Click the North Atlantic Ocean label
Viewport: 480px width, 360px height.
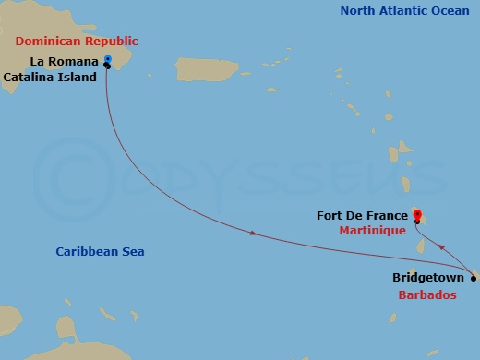tap(404, 11)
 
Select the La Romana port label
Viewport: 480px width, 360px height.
tap(64, 61)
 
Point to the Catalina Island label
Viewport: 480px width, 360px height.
tap(50, 78)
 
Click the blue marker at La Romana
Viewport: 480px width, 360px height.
tap(108, 59)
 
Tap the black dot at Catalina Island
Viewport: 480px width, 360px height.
tap(108, 66)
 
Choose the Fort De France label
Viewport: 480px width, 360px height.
tap(362, 215)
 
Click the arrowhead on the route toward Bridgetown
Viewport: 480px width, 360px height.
tap(255, 236)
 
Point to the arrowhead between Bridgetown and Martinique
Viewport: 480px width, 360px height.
tap(445, 246)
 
